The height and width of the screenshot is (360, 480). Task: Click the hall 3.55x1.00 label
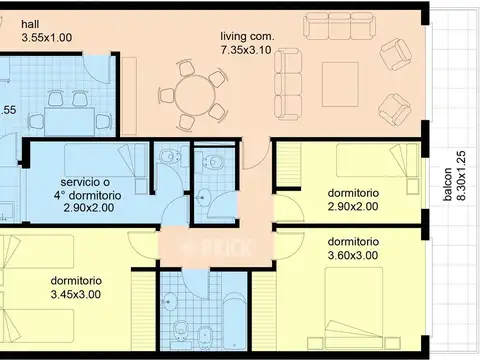46,31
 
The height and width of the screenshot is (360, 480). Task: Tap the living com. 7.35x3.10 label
247,43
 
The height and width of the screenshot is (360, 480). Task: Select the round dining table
195,95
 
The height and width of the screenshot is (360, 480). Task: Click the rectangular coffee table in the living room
340,84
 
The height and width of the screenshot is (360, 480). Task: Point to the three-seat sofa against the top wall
338,26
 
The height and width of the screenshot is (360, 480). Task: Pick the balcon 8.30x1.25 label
454,176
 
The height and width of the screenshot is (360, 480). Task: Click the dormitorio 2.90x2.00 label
353,200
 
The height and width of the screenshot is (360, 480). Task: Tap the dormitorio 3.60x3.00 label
353,248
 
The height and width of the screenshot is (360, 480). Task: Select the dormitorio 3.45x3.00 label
76,287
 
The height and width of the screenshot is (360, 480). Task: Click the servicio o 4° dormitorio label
88,189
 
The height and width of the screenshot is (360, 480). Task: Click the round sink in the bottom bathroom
170,302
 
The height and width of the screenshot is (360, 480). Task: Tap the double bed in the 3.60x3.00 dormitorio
354,307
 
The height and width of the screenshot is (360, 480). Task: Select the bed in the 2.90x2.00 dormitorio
378,160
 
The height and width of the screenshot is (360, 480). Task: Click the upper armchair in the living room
396,54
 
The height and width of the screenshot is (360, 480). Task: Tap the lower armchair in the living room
395,110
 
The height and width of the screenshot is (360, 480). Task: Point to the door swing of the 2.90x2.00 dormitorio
289,208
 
